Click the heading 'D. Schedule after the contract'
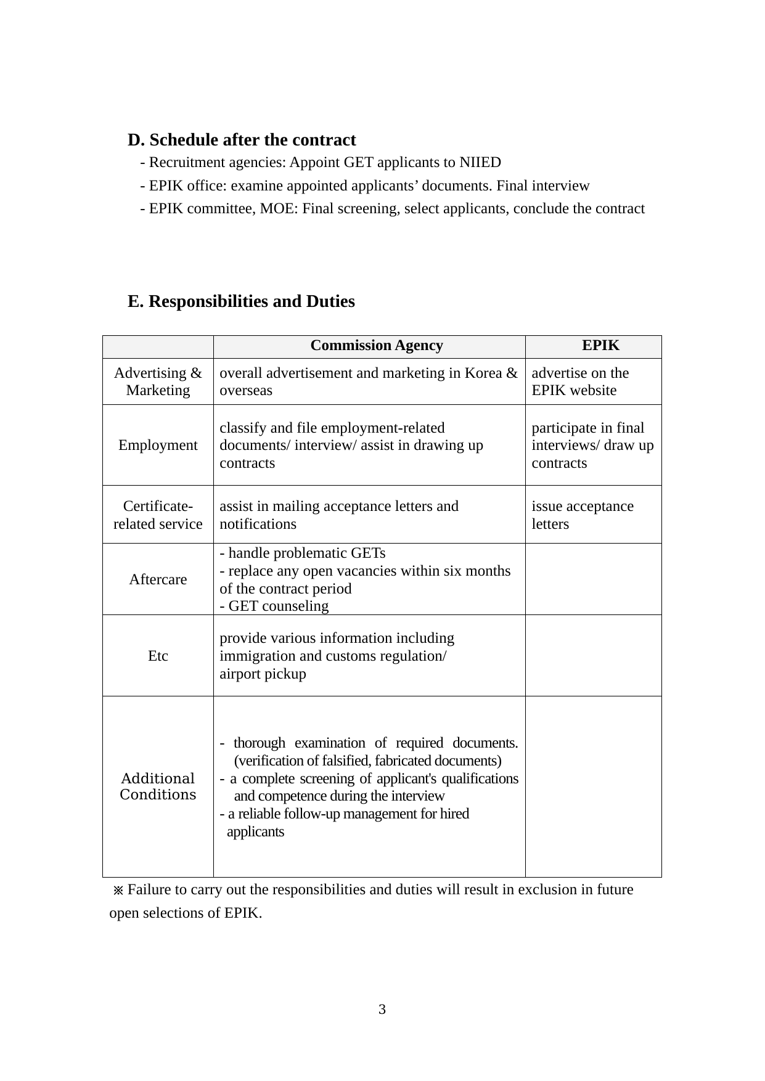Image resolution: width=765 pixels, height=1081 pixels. (242, 140)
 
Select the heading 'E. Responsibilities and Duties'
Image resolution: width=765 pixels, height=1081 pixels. (241, 301)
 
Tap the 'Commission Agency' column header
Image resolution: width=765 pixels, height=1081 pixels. (376, 345)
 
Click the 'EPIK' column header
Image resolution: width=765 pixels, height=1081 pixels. (600, 345)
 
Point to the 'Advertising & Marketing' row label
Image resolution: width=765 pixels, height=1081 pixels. (158, 381)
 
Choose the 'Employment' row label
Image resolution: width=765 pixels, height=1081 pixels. (158, 445)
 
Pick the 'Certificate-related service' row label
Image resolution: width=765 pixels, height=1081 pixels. (158, 515)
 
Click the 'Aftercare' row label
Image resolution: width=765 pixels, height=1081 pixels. (158, 579)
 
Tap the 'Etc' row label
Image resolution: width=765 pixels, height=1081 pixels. (158, 656)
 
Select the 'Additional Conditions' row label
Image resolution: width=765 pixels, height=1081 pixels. (158, 786)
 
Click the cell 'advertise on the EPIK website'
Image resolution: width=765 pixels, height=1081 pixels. (580, 381)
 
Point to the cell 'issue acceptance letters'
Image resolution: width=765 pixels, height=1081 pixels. (583, 515)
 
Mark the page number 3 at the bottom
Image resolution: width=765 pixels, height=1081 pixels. (382, 1010)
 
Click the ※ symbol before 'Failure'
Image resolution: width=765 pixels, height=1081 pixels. (118, 891)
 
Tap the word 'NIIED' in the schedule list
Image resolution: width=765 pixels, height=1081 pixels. (480, 163)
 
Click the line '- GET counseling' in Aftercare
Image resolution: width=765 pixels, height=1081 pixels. (274, 606)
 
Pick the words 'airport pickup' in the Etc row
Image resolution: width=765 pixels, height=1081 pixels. (263, 674)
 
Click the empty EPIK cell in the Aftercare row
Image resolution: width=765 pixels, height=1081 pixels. (593, 579)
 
